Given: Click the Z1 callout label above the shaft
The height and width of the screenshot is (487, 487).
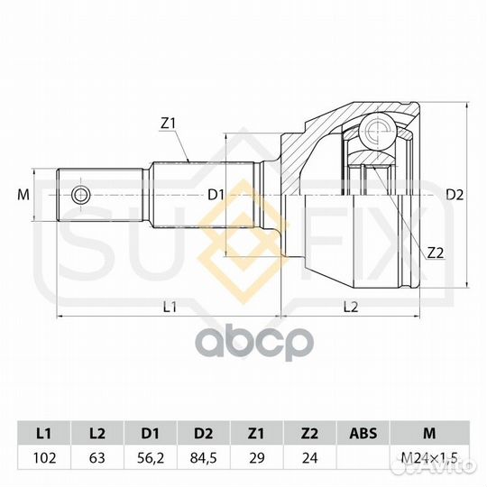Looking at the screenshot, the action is tap(168, 124).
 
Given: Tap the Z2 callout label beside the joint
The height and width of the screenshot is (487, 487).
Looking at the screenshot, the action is tap(436, 253).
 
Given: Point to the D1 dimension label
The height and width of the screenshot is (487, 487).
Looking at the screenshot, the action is tap(216, 195).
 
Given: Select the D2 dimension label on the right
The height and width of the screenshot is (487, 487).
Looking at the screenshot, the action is tap(455, 195).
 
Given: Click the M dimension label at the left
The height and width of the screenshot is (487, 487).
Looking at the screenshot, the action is tap(23, 195).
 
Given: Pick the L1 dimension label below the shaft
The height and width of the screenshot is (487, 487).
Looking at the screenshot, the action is tap(170, 308).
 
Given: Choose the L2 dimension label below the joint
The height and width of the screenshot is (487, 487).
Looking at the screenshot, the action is tap(351, 308).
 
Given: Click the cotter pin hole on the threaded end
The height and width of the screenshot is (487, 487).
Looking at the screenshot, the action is tap(81, 196).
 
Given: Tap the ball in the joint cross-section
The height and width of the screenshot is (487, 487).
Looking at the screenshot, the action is tap(377, 131).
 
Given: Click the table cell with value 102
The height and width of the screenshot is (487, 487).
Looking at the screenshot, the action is tap(45, 458).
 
